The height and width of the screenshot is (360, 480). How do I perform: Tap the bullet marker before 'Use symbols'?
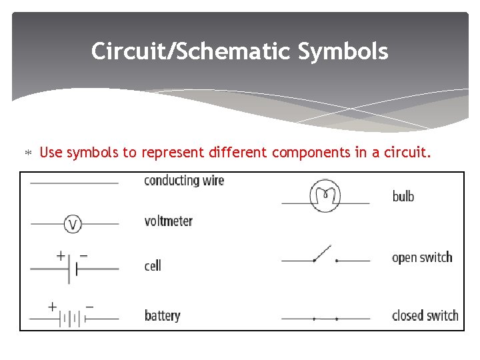(28, 153)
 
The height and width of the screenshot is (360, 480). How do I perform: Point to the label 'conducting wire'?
(184, 181)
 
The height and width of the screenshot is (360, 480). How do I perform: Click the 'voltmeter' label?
(168, 221)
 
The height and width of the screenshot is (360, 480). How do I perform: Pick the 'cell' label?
(153, 265)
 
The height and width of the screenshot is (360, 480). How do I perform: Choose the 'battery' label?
(162, 315)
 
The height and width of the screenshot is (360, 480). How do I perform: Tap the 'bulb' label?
(403, 196)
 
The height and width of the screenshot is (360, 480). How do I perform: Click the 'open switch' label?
(422, 257)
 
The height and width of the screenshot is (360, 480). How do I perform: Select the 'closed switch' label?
(425, 315)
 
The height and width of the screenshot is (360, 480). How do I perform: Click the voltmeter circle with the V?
(73, 225)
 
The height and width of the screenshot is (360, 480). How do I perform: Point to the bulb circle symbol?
(325, 196)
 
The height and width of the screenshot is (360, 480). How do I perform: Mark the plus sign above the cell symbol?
(60, 255)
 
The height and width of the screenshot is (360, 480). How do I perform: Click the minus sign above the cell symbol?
(84, 255)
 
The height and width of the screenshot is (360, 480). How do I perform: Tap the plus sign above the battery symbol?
(52, 307)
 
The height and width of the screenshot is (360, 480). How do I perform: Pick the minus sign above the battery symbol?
(89, 307)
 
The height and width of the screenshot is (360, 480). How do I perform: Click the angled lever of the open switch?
(323, 253)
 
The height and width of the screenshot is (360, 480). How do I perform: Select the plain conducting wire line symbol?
(74, 183)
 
